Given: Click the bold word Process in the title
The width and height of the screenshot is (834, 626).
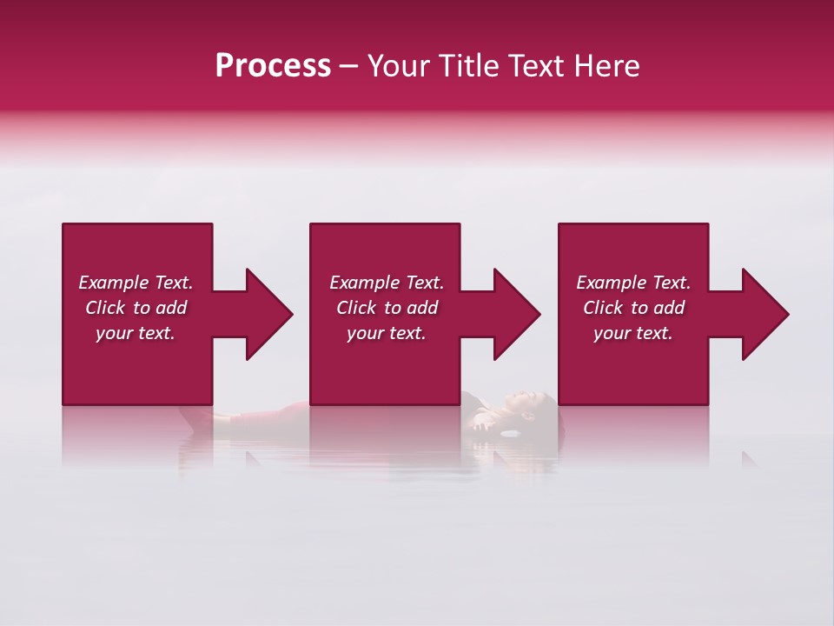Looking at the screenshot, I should (x=273, y=66).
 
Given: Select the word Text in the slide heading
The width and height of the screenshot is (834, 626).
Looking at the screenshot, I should (x=533, y=66).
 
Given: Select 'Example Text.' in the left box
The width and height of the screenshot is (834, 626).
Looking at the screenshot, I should (x=136, y=283).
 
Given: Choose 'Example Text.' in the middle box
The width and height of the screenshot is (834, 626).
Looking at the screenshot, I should (x=387, y=283).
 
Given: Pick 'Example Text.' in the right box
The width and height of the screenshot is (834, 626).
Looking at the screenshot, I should (x=633, y=283).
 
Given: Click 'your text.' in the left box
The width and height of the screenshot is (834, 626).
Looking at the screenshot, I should (x=136, y=333).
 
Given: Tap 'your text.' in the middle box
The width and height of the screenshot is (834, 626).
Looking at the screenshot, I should (x=387, y=333).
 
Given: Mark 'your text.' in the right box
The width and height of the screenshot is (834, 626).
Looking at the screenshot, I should (x=633, y=333).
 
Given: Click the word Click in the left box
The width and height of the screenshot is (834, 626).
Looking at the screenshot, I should (x=105, y=308).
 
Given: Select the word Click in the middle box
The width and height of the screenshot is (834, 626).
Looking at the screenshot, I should (x=356, y=308).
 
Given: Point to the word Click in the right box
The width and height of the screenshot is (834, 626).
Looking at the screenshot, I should (x=603, y=308).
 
